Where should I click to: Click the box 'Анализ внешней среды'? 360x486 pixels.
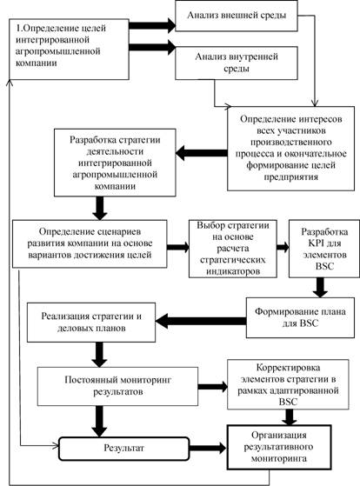point(237,16)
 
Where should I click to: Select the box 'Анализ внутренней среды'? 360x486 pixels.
point(237,63)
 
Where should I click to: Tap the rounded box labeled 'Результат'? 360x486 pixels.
point(124,449)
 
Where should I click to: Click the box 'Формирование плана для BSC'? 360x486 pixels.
point(301,317)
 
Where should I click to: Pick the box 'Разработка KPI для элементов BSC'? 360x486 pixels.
point(324,249)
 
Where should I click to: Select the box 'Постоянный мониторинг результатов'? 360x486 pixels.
point(118,386)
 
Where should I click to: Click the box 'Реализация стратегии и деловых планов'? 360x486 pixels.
point(91,323)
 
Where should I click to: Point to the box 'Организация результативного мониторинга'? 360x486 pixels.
point(279,447)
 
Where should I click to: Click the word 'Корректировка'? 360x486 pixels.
point(289,368)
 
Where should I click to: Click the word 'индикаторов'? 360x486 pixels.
point(233,271)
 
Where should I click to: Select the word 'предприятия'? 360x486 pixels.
point(290,177)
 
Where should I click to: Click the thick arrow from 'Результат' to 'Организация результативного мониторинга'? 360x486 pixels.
point(208,449)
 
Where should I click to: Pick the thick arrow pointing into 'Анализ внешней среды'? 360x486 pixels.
point(152,25)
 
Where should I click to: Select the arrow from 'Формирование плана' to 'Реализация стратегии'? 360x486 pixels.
point(201,321)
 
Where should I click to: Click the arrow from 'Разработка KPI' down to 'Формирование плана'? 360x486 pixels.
point(320,288)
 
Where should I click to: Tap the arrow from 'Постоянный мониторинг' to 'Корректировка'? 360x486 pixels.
point(213,387)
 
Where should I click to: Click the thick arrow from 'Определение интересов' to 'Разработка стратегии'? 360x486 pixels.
point(202,153)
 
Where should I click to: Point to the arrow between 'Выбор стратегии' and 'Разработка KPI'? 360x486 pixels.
point(283,247)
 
